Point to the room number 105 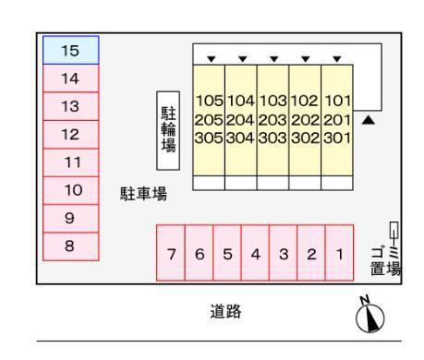208,101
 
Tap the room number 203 273,119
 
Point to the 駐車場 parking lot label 143,194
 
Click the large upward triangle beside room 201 368,120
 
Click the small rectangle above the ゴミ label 394,231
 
